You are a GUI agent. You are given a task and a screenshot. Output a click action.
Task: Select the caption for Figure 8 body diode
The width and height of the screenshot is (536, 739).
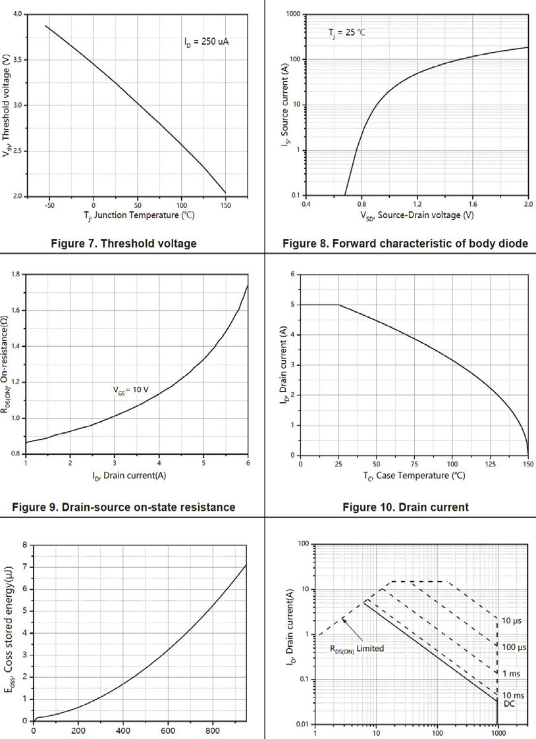tap(405, 243)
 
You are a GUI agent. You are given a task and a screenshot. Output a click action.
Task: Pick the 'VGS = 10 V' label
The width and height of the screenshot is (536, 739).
tap(130, 390)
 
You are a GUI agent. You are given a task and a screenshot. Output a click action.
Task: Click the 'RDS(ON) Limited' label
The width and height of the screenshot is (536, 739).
tap(357, 648)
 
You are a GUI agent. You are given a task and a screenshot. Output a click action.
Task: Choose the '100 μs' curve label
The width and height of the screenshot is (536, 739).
tap(514, 648)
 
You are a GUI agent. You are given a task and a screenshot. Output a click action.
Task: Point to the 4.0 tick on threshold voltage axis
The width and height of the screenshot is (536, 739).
tap(18, 14)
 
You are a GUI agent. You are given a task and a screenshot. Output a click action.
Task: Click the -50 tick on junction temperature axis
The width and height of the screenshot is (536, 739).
tap(49, 205)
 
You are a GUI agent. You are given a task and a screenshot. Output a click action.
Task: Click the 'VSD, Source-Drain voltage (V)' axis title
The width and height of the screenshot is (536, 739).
tap(417, 215)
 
